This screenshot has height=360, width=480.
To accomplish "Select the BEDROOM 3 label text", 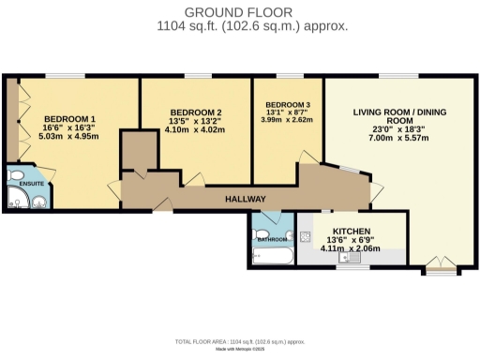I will click(287, 105).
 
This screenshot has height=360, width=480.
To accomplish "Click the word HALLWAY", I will click(246, 199).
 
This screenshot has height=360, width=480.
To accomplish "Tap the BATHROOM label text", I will click(273, 240).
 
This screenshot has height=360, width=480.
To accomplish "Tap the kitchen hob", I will click(305, 235).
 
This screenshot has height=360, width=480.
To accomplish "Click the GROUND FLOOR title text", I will click(239, 11).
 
